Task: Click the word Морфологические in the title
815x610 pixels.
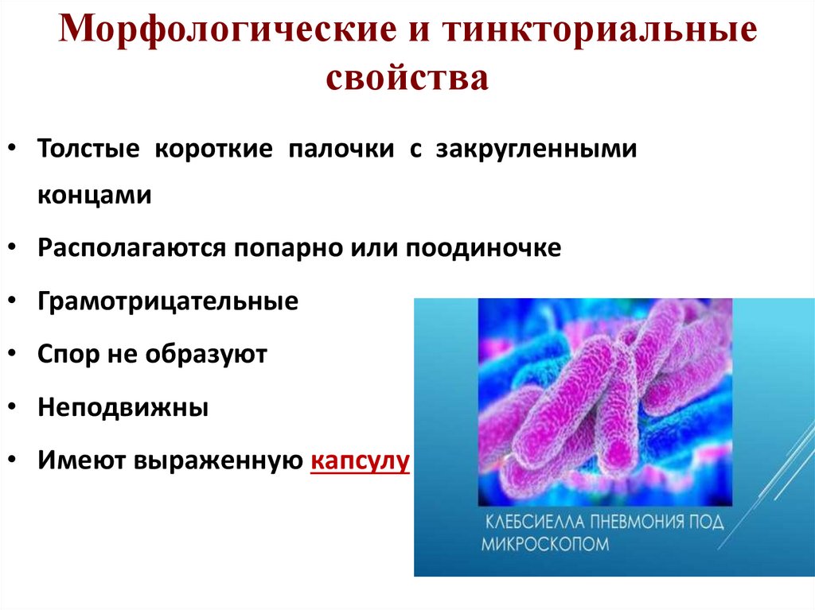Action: pos(224,32)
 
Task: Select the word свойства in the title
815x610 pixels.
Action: pos(407,77)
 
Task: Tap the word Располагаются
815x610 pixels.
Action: pos(131,248)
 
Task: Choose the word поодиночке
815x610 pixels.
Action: pos(483,248)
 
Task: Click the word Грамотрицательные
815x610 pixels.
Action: pos(168,302)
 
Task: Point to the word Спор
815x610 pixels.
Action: pos(66,355)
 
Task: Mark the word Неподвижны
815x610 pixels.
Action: pos(123,408)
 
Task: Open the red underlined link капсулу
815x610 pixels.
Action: pos(360,461)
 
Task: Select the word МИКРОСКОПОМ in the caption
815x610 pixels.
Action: pos(545,545)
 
